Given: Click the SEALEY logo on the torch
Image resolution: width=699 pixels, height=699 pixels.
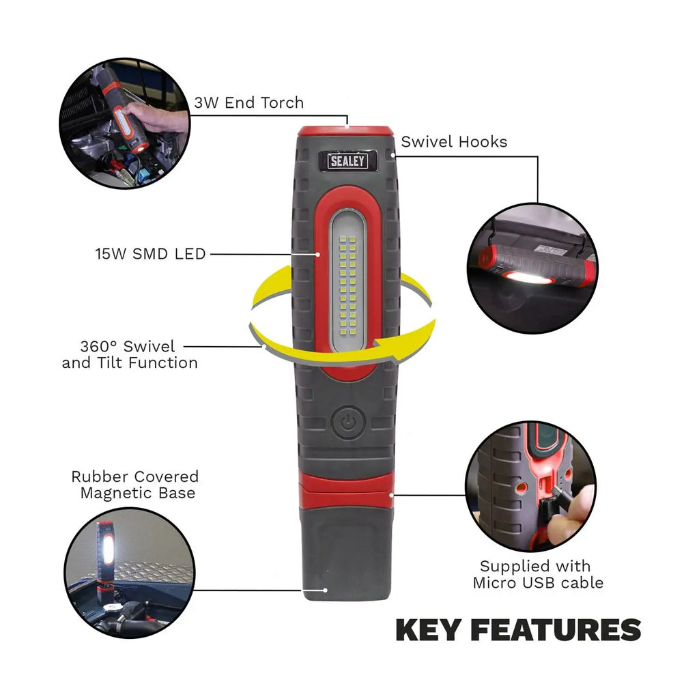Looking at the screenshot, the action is click(x=347, y=161).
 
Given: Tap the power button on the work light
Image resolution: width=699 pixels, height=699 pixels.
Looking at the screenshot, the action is click(x=348, y=422).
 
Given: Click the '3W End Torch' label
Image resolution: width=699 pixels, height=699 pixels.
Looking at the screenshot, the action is click(x=248, y=102).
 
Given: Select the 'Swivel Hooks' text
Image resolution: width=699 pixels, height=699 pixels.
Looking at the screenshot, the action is click(x=454, y=142).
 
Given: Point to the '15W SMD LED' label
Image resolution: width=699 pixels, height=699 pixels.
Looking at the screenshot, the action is click(x=150, y=254).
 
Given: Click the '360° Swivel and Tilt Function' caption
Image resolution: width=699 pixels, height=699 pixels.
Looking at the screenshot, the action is click(x=130, y=354).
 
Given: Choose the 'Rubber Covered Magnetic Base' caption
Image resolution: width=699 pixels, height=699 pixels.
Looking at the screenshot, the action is click(x=135, y=485).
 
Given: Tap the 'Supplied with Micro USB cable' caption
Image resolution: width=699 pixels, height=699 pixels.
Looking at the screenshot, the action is click(x=538, y=574).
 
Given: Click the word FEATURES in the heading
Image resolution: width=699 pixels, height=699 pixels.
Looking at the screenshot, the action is click(x=556, y=630).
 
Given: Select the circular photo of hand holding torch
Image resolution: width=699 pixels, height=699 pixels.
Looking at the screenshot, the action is click(x=125, y=123).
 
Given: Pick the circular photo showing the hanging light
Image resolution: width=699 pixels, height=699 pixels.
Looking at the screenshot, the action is click(x=532, y=268).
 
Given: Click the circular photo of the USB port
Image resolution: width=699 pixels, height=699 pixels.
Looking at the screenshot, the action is click(x=530, y=487).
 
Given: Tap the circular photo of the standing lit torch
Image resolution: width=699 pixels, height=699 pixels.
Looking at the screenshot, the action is click(x=130, y=573).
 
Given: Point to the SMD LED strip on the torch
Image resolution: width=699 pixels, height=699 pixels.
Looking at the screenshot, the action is click(x=347, y=281).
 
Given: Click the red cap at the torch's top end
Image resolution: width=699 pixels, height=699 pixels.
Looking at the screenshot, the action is click(x=346, y=131).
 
